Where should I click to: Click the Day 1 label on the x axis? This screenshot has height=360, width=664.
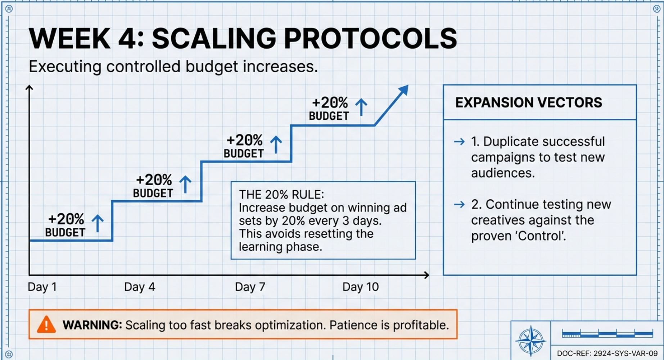click(42, 287)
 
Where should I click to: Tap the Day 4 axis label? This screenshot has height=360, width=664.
click(140, 287)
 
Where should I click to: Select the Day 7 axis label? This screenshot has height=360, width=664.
click(250, 287)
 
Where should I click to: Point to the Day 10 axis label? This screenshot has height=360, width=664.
click(361, 287)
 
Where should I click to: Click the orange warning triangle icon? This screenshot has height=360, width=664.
click(46, 324)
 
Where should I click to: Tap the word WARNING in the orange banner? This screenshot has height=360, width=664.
click(92, 325)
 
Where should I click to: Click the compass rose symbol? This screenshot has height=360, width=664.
click(530, 341)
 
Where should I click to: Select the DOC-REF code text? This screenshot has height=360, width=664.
click(607, 353)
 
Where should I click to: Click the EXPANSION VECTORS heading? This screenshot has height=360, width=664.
click(528, 103)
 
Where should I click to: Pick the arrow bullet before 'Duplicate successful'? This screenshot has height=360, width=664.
click(459, 142)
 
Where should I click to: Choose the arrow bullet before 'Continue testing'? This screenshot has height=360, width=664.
click(459, 205)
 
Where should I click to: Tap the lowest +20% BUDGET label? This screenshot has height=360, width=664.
click(66, 225)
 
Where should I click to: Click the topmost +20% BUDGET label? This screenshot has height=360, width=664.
click(329, 109)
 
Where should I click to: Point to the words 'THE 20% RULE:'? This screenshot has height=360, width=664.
click(281, 195)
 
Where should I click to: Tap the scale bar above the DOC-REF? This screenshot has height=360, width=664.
click(607, 334)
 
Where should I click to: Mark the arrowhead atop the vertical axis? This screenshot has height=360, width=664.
click(30, 87)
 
